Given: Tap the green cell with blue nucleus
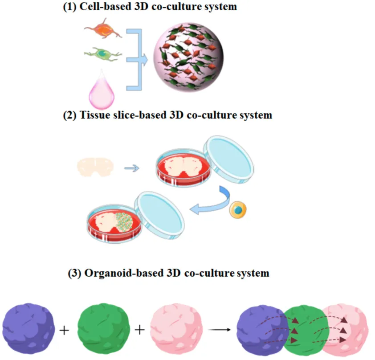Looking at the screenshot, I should [x=102, y=55].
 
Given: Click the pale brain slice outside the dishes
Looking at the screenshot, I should [x=95, y=167].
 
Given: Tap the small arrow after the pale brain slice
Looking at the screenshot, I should [x=131, y=168].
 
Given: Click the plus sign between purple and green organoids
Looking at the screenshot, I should [x=65, y=331].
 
